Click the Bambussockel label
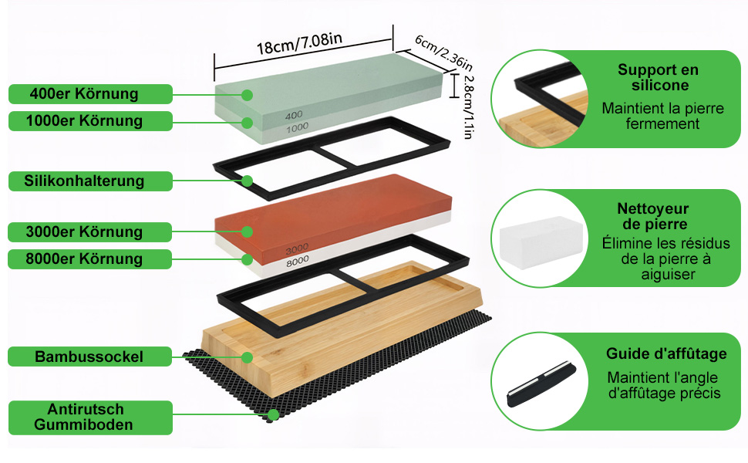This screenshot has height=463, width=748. (89, 357)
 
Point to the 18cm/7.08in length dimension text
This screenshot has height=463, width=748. (299, 43)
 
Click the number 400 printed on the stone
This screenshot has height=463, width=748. (294, 115)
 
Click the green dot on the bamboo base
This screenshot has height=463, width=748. (247, 357)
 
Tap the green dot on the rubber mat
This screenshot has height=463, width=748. (273, 415)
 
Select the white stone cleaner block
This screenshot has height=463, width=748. (541, 242)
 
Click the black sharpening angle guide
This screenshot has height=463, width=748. (541, 384)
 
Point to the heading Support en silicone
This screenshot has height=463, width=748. (659, 77)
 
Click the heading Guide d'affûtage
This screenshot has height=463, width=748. (666, 353)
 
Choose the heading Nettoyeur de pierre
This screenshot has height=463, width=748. (653, 216)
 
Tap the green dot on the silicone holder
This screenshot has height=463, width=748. (247, 181)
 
